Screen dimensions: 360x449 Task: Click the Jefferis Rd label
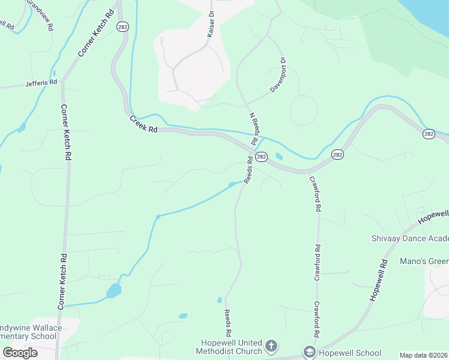coord(41,82)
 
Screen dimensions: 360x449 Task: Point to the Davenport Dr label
coord(277,74)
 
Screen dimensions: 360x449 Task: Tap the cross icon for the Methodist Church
coord(271,346)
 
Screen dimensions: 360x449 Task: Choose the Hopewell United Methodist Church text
coord(232,347)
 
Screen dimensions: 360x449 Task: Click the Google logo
coord(20,352)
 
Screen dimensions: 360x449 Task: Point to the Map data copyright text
coord(423,355)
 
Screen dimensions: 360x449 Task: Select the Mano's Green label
coord(424,261)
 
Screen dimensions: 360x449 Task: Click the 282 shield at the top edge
coord(122,27)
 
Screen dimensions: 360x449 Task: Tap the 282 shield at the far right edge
coord(428,133)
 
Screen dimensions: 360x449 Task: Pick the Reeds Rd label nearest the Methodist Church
coord(228,322)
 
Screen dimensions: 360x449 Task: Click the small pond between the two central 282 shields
coord(279,157)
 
